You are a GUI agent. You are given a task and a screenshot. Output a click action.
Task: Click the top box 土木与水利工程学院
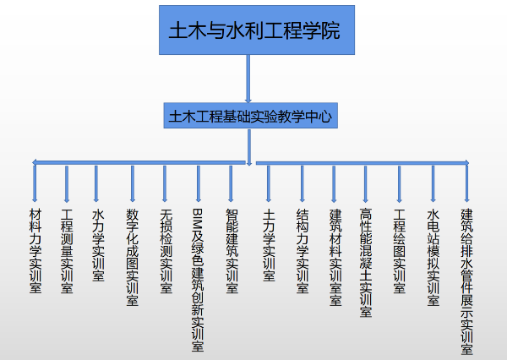click(254, 32)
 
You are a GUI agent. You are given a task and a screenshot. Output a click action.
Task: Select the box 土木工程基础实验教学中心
click(251, 116)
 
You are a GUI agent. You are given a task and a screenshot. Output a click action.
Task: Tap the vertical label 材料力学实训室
click(35, 249)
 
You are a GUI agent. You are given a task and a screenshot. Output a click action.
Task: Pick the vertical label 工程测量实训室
click(67, 249)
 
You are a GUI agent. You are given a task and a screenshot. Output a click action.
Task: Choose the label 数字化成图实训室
click(132, 255)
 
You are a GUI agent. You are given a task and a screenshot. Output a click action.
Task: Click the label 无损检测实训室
click(166, 249)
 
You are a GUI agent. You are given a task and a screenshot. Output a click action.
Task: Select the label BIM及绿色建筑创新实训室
click(198, 279)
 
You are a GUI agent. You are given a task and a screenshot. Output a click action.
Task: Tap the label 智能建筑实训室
click(231, 249)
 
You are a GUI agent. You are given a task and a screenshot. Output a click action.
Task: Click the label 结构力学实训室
click(302, 249)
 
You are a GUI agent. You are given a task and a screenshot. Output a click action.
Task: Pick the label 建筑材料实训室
click(335, 255)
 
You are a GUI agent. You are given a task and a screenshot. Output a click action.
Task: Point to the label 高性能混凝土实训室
click(366, 261)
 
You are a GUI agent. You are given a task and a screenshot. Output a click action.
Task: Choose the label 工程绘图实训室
click(400, 249)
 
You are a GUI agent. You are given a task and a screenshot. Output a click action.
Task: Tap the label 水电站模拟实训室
click(433, 255)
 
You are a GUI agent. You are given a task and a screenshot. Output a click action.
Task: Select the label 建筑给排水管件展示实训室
click(466, 279)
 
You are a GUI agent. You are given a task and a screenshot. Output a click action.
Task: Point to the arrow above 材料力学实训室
click(35, 183)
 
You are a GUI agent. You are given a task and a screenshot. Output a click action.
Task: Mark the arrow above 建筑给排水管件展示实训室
click(466, 183)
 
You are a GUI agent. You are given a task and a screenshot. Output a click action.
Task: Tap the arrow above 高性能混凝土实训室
click(366, 183)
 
